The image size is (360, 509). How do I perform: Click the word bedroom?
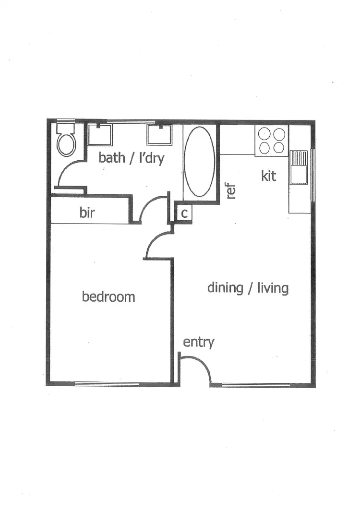pyautogui.click(x=108, y=296)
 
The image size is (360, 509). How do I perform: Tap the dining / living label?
pyautogui.click(x=248, y=288)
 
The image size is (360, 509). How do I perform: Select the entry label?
pyautogui.click(x=198, y=342)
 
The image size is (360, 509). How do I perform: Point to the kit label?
pyautogui.click(x=269, y=176)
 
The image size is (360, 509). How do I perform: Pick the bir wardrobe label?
pyautogui.click(x=87, y=213)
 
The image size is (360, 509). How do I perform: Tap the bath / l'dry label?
pyautogui.click(x=131, y=158)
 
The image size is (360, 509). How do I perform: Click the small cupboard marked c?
pyautogui.click(x=184, y=214)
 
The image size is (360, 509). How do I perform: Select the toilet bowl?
pyautogui.click(x=66, y=143)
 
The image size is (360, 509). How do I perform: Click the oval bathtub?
pyautogui.click(x=200, y=161)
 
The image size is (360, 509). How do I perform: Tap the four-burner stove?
pyautogui.click(x=271, y=141)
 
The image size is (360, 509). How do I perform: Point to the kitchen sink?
pyautogui.click(x=299, y=167)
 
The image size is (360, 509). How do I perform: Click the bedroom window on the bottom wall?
pyautogui.click(x=107, y=384)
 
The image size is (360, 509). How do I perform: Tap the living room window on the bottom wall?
pyautogui.click(x=256, y=384)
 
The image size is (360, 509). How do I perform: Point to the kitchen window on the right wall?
pyautogui.click(x=313, y=175)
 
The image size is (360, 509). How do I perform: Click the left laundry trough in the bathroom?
pyautogui.click(x=100, y=134)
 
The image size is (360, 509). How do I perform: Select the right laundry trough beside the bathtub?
pyautogui.click(x=159, y=134)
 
